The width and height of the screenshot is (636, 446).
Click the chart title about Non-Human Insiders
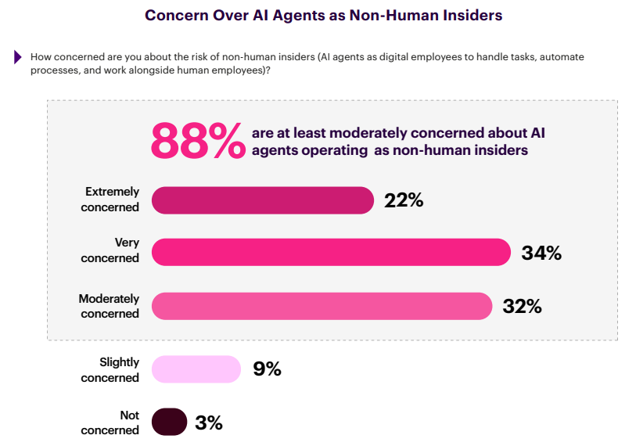tap(323, 15)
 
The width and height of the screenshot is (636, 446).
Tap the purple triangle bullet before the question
tap(18, 57)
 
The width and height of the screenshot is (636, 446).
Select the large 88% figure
tap(197, 140)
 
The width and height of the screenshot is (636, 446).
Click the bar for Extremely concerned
tap(262, 200)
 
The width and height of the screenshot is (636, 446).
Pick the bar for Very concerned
tap(331, 252)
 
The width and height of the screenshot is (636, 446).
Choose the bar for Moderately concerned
tap(322, 306)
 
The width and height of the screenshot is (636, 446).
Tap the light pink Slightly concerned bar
tap(196, 369)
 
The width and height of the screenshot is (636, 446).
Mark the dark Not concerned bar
tap(169, 423)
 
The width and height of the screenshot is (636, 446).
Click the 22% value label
tap(404, 200)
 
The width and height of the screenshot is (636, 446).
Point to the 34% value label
tap(541, 253)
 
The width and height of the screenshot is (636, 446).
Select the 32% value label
tap(523, 306)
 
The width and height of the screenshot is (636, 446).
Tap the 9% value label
tap(267, 369)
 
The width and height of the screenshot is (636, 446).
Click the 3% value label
tap(209, 423)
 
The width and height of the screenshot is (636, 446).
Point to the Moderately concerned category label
tap(109, 306)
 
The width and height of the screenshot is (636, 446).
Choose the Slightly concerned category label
tap(110, 369)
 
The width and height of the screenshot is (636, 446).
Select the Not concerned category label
tap(110, 423)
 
